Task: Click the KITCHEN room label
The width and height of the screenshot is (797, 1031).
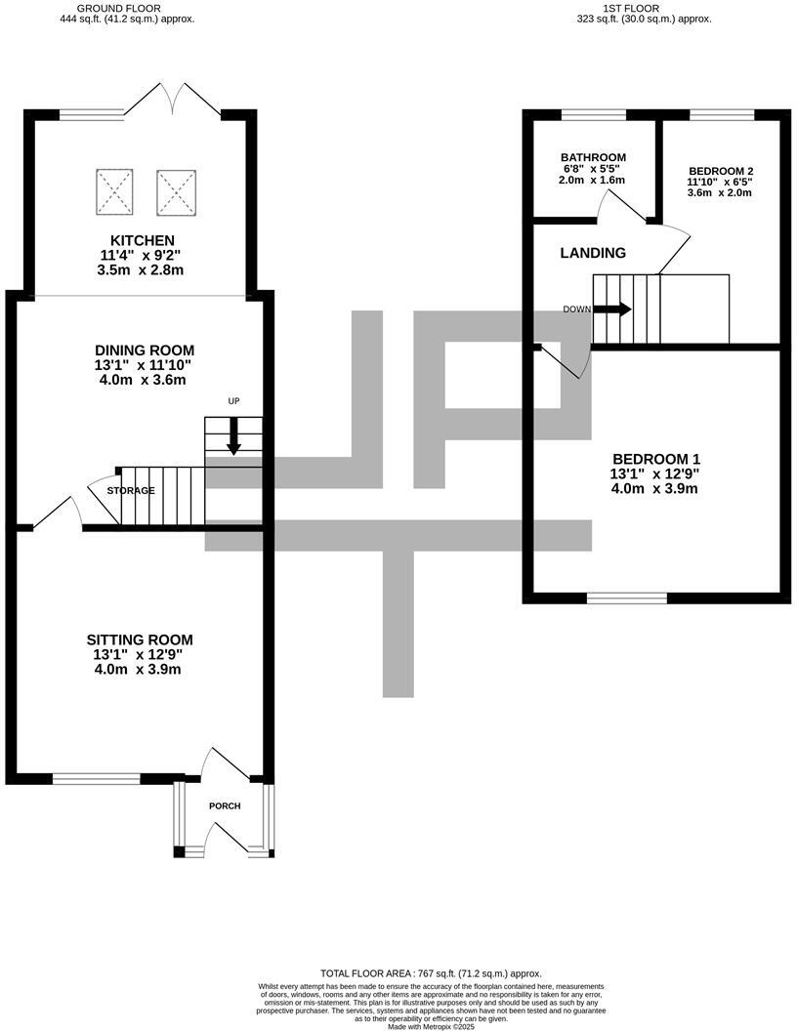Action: pos(143,240)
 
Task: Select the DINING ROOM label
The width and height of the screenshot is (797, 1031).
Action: pos(145,351)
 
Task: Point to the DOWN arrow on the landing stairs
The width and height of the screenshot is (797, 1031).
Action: pos(611,309)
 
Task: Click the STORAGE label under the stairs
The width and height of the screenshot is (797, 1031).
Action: pos(131,490)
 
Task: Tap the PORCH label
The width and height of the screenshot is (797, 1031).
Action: pos(225,805)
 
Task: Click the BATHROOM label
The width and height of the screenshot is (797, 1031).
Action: pos(593,157)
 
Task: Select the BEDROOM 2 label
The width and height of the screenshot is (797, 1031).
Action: pos(720,170)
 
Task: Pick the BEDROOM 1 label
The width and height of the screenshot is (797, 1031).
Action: pos(655,459)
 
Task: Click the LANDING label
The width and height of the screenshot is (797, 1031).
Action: pos(593,253)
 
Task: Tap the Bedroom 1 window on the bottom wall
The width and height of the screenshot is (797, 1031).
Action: pos(627,598)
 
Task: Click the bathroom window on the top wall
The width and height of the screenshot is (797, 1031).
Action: pos(593,115)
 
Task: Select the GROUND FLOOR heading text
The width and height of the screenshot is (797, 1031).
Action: pos(127,8)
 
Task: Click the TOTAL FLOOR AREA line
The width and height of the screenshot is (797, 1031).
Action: pos(431,973)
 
